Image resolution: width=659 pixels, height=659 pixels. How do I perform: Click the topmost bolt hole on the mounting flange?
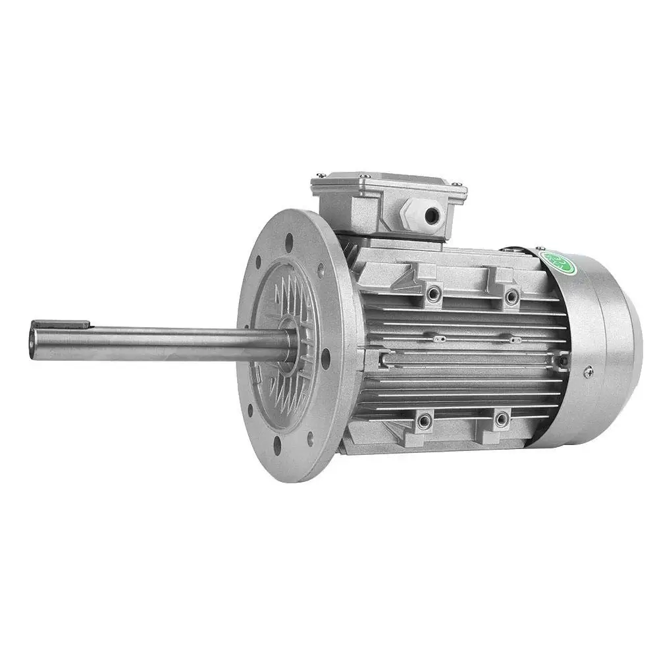pos(289,242)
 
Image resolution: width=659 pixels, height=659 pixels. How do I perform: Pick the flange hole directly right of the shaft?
pos(325,357)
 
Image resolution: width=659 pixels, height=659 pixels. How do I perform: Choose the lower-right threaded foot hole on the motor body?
pos(502,418)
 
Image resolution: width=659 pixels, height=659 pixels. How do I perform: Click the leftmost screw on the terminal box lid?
pos(320,175)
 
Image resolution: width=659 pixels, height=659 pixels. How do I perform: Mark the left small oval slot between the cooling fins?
pos(440,339)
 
